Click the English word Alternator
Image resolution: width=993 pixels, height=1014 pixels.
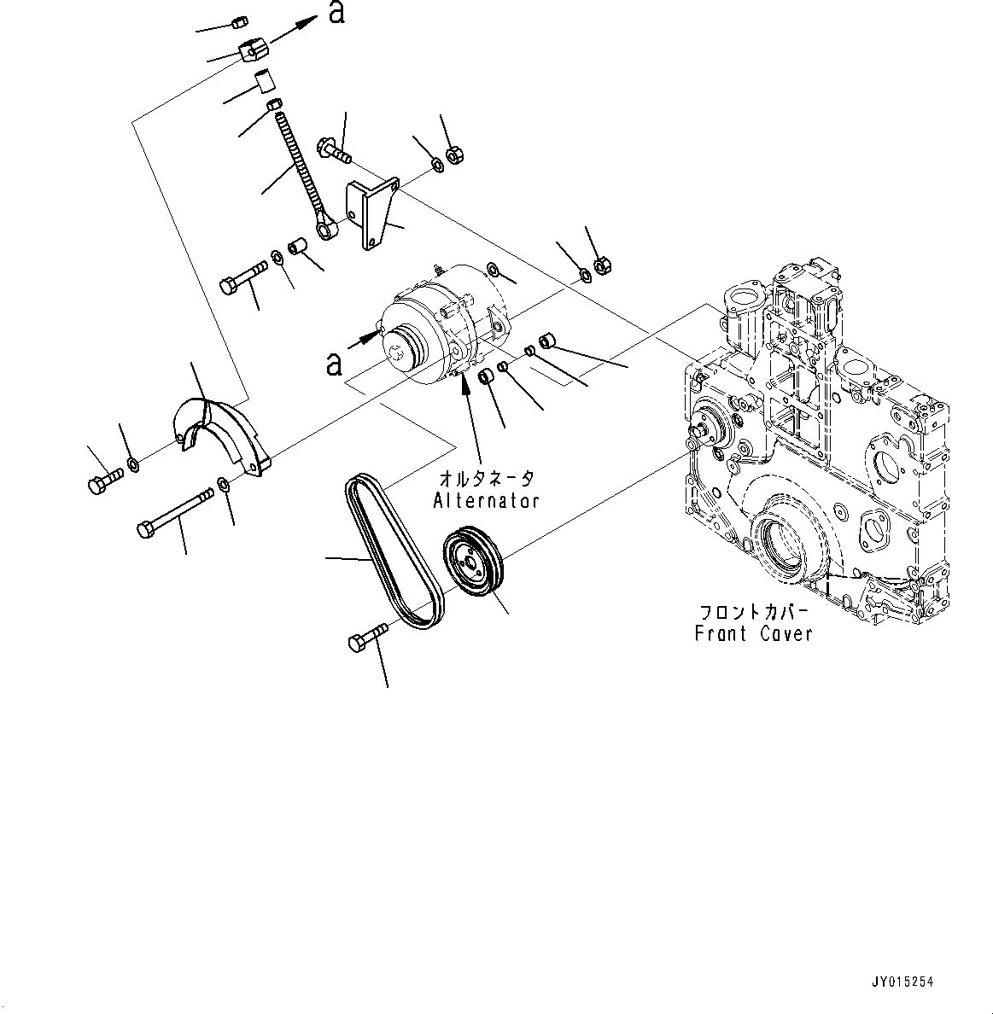point(486,500)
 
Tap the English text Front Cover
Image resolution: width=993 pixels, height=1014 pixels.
point(753,633)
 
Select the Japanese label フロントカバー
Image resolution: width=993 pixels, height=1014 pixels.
point(752,613)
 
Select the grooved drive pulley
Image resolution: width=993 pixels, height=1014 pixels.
point(475,567)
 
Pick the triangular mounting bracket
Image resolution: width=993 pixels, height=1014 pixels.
point(371,213)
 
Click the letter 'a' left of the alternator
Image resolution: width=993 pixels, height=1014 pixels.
point(334,363)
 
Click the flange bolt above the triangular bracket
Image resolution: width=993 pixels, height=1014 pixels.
point(333,151)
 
